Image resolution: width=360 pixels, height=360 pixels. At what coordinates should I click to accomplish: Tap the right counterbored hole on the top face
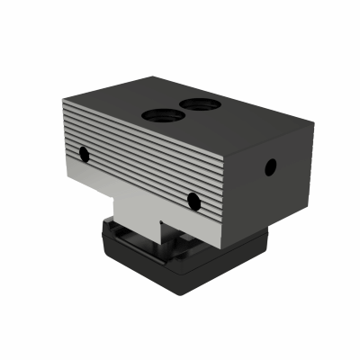[x=198, y=104]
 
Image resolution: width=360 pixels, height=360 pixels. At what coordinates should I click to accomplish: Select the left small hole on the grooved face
[x=84, y=154]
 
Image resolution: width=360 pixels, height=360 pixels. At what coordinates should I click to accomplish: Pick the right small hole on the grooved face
[x=194, y=201]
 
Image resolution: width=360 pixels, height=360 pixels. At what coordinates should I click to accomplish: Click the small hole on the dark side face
[x=269, y=166]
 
